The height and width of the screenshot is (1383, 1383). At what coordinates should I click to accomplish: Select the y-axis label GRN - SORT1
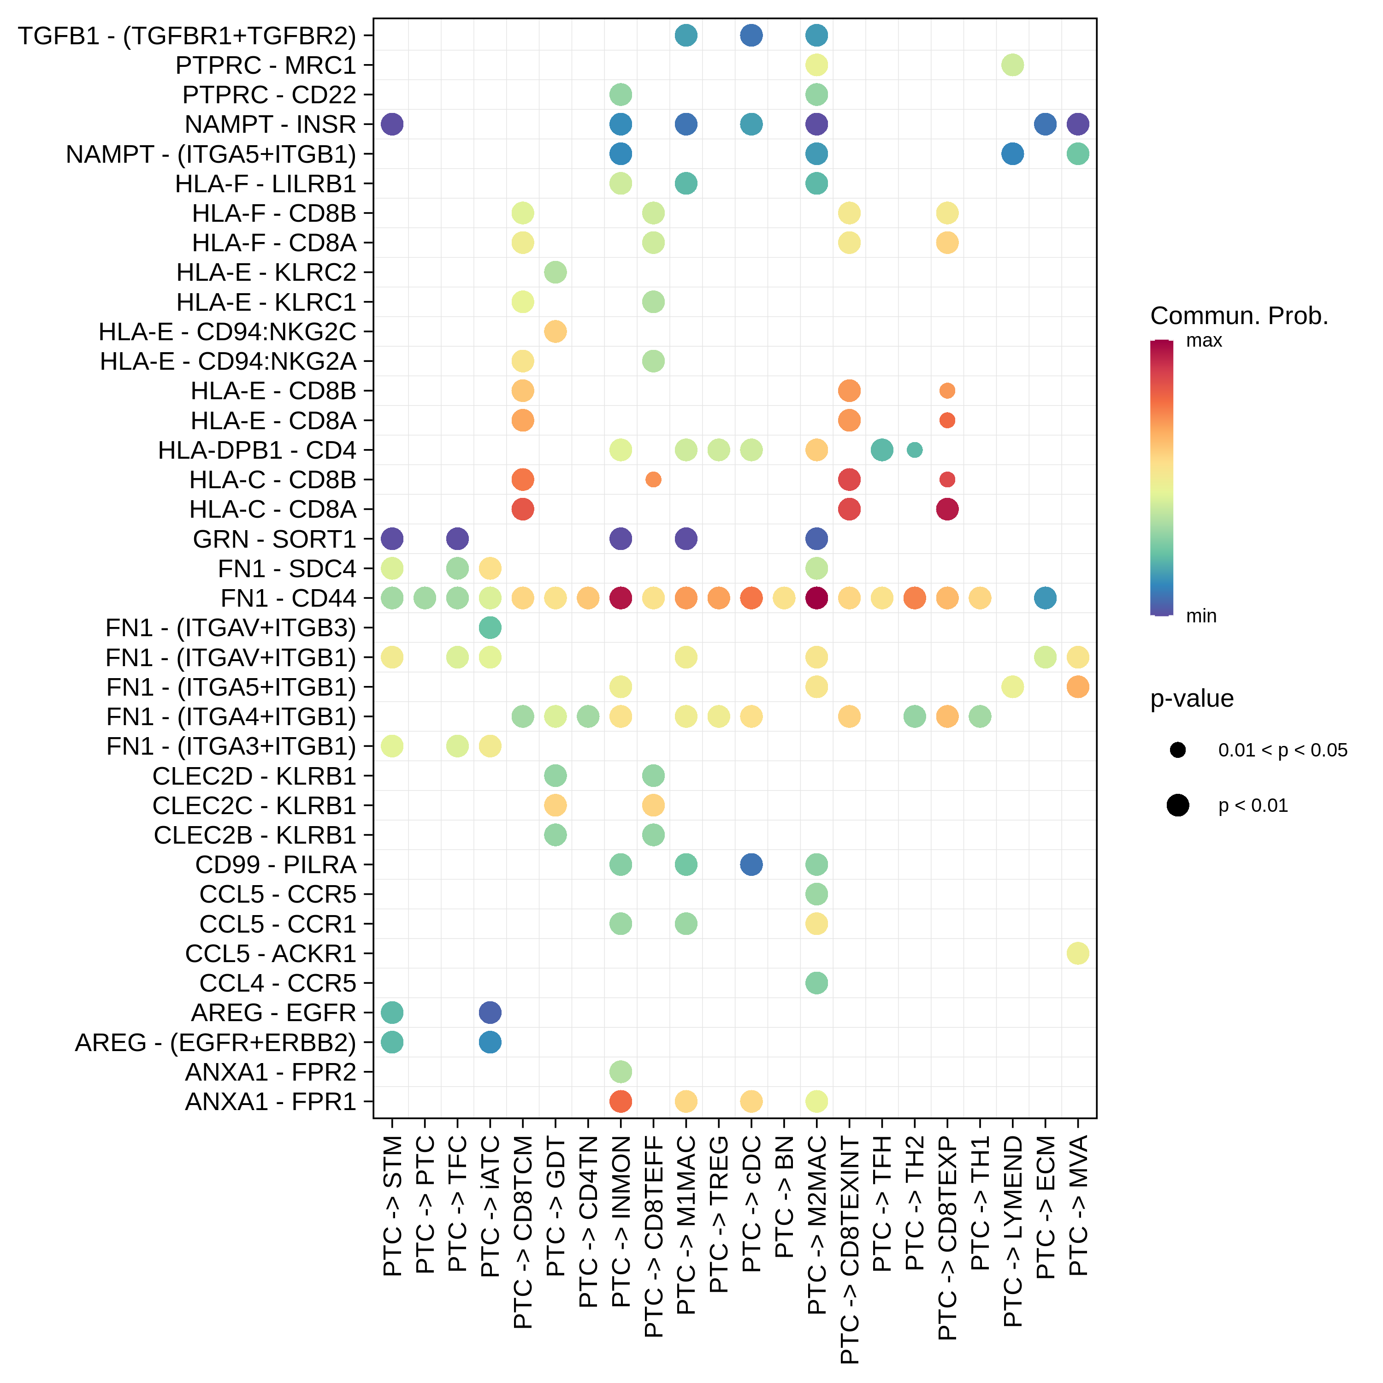pos(274,539)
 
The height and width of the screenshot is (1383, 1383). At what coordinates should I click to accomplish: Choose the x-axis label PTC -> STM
pos(392,1206)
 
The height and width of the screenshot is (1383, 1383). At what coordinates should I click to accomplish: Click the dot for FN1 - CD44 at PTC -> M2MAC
pos(817,598)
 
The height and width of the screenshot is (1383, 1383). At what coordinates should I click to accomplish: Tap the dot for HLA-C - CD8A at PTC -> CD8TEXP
pos(947,509)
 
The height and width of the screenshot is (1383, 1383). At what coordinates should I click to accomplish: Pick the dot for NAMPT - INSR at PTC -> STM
pos(392,124)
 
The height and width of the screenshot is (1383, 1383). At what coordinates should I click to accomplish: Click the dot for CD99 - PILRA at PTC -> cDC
pos(751,865)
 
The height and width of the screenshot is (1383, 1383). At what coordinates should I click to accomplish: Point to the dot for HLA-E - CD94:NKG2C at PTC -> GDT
pos(556,331)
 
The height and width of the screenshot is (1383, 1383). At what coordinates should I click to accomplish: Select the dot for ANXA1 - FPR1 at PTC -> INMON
pos(621,1102)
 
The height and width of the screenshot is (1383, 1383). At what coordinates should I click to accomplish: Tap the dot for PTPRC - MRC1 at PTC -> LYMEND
pos(1012,65)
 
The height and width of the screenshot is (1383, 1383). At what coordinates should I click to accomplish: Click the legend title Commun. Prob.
pos(1239,316)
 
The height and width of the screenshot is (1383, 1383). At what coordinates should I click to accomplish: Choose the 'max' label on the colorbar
pos(1204,341)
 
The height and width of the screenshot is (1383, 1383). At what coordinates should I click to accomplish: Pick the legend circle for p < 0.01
pos(1177,805)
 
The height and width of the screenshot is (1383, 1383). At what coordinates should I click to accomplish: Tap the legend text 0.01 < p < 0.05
pos(1283,750)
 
